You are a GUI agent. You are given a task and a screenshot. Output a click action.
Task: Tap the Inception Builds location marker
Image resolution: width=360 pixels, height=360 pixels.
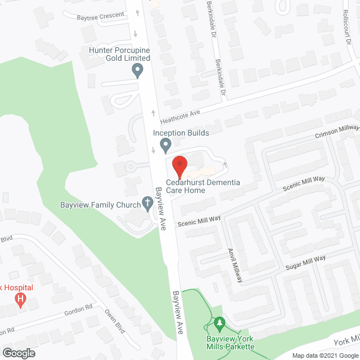tap(165, 146)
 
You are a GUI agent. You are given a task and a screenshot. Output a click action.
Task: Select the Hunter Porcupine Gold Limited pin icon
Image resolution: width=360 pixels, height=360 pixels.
tap(137, 71)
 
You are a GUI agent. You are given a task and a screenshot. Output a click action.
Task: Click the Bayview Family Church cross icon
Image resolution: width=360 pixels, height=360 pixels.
tap(148, 202)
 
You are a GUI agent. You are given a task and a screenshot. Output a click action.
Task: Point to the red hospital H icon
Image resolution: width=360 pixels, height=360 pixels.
tap(21, 298)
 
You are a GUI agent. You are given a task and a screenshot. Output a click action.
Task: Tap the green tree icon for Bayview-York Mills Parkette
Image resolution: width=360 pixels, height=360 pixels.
tap(220, 324)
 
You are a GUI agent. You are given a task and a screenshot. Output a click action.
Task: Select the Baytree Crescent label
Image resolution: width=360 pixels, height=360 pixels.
tap(101, 15)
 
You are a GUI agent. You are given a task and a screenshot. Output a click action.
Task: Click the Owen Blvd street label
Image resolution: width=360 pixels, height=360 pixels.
tap(115, 321)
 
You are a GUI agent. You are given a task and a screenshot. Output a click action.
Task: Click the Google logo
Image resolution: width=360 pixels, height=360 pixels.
tap(18, 353)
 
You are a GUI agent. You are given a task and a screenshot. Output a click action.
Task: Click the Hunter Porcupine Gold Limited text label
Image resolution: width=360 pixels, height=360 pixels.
tap(120, 53)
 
